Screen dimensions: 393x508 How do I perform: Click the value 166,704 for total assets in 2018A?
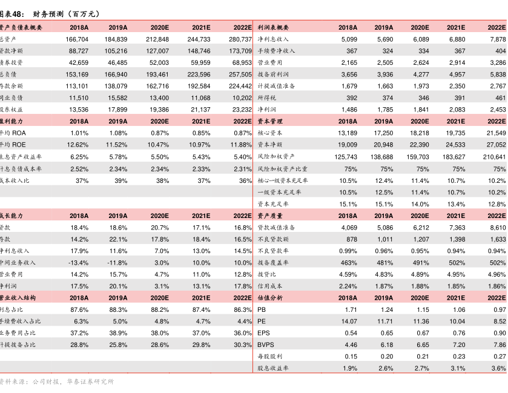[x=76, y=39]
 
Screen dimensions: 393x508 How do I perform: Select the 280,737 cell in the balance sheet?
[x=240, y=39]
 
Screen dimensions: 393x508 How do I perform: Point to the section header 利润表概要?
[x=274, y=27]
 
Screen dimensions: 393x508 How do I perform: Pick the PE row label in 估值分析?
[x=262, y=321]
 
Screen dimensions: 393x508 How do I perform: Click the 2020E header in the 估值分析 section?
[x=420, y=298]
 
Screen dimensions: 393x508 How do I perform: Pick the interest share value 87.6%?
[x=79, y=309]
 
